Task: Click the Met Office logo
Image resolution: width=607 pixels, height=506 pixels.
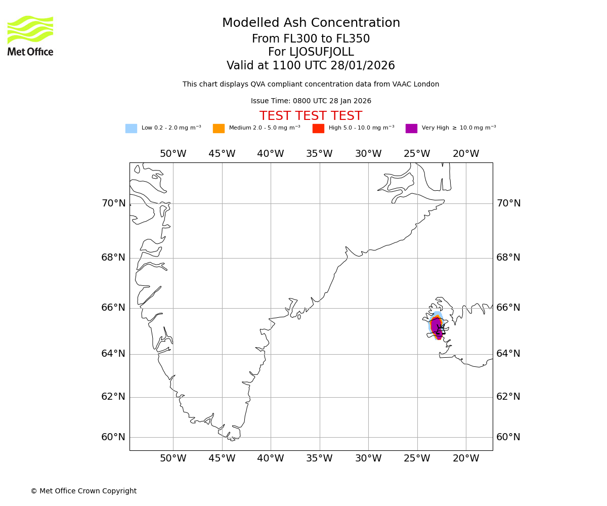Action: (30, 35)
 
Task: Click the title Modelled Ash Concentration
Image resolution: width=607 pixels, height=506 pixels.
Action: (311, 23)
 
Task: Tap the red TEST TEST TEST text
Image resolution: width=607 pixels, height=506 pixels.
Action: (311, 116)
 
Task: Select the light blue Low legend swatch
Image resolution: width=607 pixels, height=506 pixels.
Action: (131, 129)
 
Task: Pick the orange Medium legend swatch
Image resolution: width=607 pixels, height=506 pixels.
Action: (219, 129)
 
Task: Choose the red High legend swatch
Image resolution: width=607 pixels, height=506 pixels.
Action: (318, 129)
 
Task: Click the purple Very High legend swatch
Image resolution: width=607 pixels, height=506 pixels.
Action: (411, 129)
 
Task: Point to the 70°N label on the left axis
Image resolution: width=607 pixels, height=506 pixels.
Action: (113, 203)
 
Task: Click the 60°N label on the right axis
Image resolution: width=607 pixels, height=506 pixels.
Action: (508, 437)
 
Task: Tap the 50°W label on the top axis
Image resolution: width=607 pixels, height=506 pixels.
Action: (173, 154)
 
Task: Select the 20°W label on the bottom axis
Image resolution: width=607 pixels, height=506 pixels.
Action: (465, 458)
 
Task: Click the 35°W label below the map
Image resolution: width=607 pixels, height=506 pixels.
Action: (319, 458)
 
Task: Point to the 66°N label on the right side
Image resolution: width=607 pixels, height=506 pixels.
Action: (508, 308)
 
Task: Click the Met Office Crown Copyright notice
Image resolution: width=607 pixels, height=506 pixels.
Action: (83, 491)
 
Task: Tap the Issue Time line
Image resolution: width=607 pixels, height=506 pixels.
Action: (311, 101)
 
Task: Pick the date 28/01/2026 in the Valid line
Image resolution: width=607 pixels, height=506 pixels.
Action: (363, 66)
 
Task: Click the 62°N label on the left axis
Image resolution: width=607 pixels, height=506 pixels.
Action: (113, 397)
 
